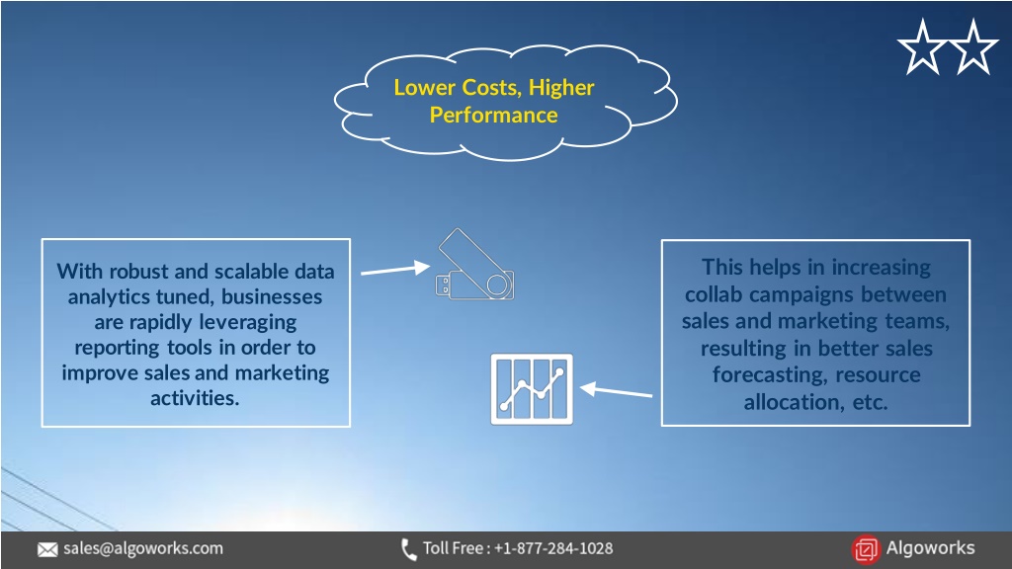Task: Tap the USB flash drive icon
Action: pos(475,266)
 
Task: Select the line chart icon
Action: pos(532,389)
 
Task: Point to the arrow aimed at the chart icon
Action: pos(616,390)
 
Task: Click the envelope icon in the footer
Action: pos(47,549)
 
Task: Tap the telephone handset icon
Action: pos(408,549)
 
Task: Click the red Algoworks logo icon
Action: pos(866,549)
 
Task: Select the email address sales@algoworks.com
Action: pos(143,548)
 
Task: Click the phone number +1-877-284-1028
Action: pos(553,548)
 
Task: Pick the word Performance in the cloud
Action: pos(494,115)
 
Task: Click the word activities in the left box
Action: pos(195,398)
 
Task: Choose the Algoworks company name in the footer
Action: pos(930,547)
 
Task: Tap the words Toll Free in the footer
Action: pos(453,548)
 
